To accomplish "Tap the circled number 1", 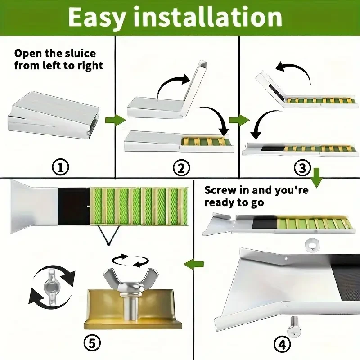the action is [x=60, y=167].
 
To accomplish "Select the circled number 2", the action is [x=181, y=167].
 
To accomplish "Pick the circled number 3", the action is [x=302, y=167].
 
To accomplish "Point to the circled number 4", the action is [x=282, y=344].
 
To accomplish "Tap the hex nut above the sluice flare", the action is [x=311, y=246].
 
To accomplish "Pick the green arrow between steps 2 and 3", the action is [x=239, y=120].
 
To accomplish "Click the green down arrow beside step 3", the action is [x=317, y=178].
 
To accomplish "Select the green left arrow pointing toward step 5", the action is [x=193, y=264].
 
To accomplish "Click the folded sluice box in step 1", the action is [x=54, y=115].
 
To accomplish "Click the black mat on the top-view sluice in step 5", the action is [x=73, y=207].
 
